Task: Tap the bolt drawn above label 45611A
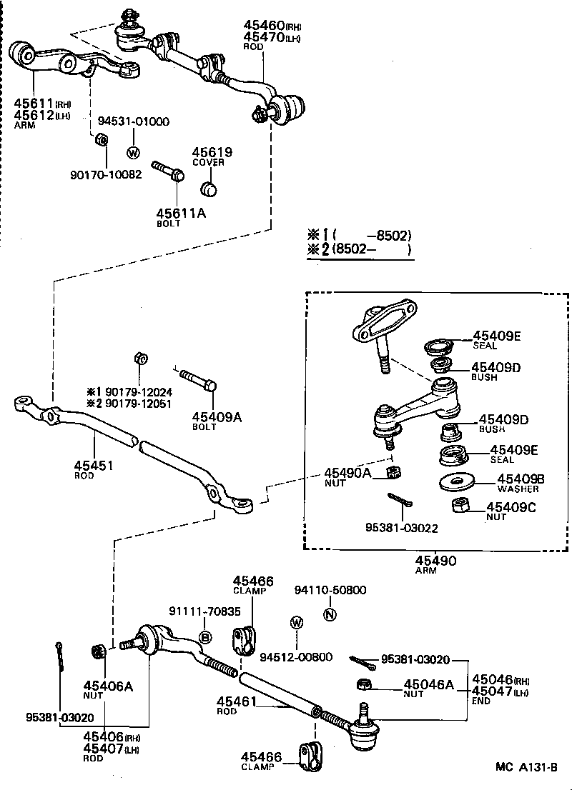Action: point(167,171)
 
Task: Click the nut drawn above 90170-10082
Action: point(102,138)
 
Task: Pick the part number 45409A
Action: point(216,417)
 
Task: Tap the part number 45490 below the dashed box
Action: point(435,561)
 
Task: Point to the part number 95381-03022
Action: point(402,529)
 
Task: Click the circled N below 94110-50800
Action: point(329,614)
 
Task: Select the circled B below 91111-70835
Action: point(204,637)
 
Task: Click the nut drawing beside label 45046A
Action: point(363,684)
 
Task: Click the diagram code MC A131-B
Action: point(526,767)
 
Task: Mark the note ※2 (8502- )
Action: point(360,250)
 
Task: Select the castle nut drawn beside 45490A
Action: point(391,471)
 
